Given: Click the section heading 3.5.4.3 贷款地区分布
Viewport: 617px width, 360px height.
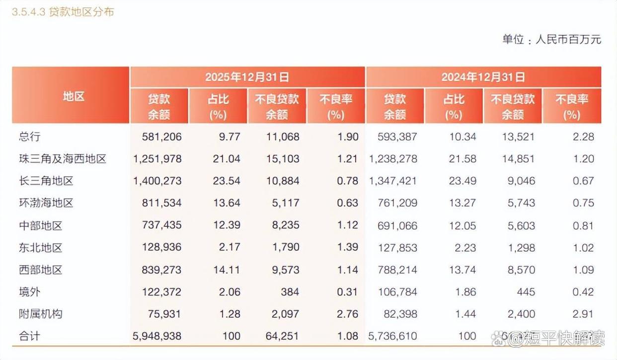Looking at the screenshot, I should (x=63, y=11).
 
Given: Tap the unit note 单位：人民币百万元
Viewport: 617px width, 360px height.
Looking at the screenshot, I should (x=551, y=40).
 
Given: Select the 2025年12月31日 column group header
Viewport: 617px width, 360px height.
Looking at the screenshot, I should (x=247, y=77).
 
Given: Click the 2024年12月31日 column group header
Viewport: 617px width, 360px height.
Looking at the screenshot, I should (x=483, y=77).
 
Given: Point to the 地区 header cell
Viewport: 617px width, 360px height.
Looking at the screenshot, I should (x=71, y=96).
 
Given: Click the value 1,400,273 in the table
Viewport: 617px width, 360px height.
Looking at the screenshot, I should (x=157, y=181).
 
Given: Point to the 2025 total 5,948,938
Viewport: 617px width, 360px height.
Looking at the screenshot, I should (x=157, y=336).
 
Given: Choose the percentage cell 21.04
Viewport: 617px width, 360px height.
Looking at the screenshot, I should (x=227, y=159).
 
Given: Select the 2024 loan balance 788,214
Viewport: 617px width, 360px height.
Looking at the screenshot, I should (x=393, y=270).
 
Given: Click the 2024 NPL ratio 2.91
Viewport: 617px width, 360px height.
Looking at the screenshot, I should (x=583, y=314).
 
